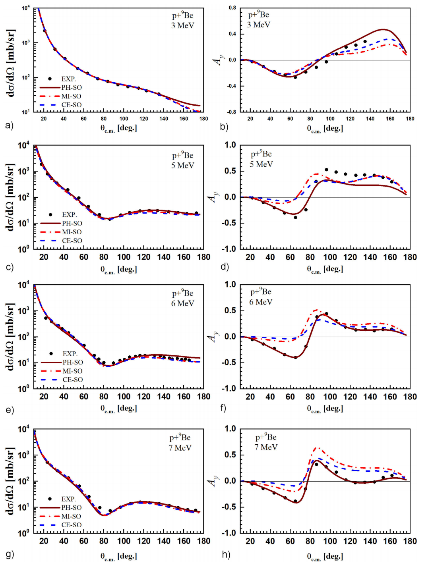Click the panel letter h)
click(x=226, y=554)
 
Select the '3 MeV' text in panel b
click(x=259, y=25)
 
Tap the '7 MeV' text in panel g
click(x=180, y=448)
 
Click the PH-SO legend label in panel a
click(x=72, y=87)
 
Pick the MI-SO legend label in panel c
click(x=72, y=232)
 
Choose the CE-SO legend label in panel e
click(x=73, y=380)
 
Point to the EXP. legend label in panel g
click(x=69, y=499)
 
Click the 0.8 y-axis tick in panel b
click(x=232, y=8)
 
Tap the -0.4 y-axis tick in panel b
click(x=231, y=86)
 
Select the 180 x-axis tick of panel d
click(x=410, y=257)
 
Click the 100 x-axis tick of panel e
click(x=124, y=397)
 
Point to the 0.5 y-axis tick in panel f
click(x=231, y=310)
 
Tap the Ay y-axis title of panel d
click(x=213, y=197)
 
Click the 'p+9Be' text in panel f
click(x=261, y=292)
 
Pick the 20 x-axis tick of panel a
click(x=44, y=119)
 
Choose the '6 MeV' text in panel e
click(x=183, y=303)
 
